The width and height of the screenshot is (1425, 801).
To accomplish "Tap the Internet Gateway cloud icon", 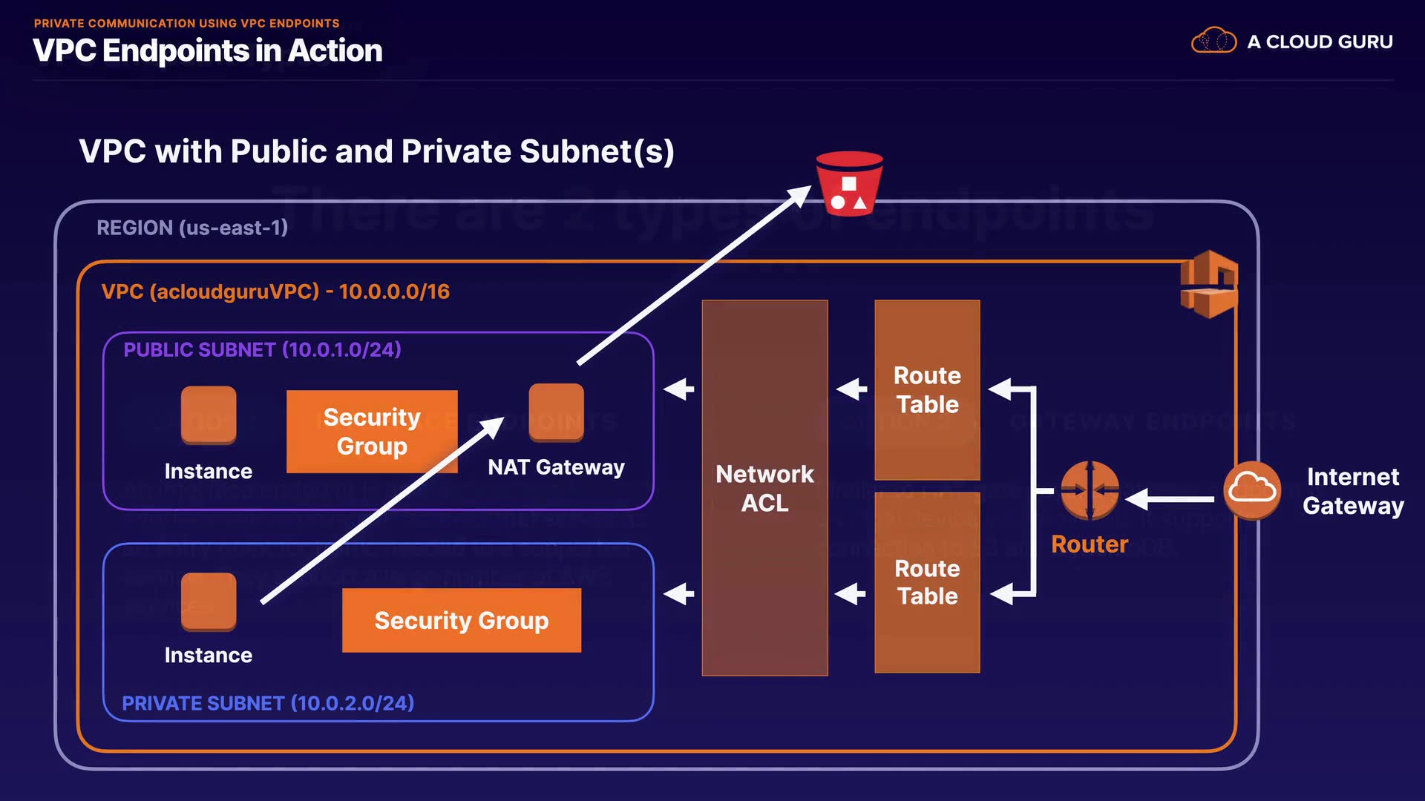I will click(x=1252, y=489).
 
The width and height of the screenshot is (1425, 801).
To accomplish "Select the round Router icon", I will click(x=1090, y=490).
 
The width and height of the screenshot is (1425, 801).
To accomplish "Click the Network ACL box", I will click(x=764, y=487).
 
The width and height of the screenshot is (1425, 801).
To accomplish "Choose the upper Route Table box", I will click(x=927, y=389).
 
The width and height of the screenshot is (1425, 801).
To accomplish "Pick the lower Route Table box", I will click(x=927, y=582).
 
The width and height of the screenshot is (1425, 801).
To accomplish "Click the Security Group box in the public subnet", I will click(x=372, y=432).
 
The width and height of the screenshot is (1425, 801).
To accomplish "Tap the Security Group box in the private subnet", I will click(x=461, y=620).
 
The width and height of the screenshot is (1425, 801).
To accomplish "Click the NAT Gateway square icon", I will click(x=556, y=412).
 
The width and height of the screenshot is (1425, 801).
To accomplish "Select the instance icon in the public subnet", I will click(x=209, y=415).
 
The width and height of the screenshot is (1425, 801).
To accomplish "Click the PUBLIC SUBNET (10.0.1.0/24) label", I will click(x=262, y=349).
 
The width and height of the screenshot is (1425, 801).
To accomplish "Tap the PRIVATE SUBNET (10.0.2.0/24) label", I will click(x=267, y=703).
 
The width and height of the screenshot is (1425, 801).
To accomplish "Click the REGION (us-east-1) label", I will click(x=191, y=228).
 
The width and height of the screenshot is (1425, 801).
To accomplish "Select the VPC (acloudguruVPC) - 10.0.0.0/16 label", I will click(x=275, y=291).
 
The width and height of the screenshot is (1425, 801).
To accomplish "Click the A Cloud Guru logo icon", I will click(x=1213, y=41).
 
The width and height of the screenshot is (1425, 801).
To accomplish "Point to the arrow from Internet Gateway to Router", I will click(x=1171, y=499).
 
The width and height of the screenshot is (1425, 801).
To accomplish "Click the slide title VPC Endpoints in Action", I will click(x=208, y=50).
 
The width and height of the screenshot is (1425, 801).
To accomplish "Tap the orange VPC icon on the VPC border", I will click(x=1209, y=284).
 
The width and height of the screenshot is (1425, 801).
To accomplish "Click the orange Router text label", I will click(x=1090, y=544).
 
